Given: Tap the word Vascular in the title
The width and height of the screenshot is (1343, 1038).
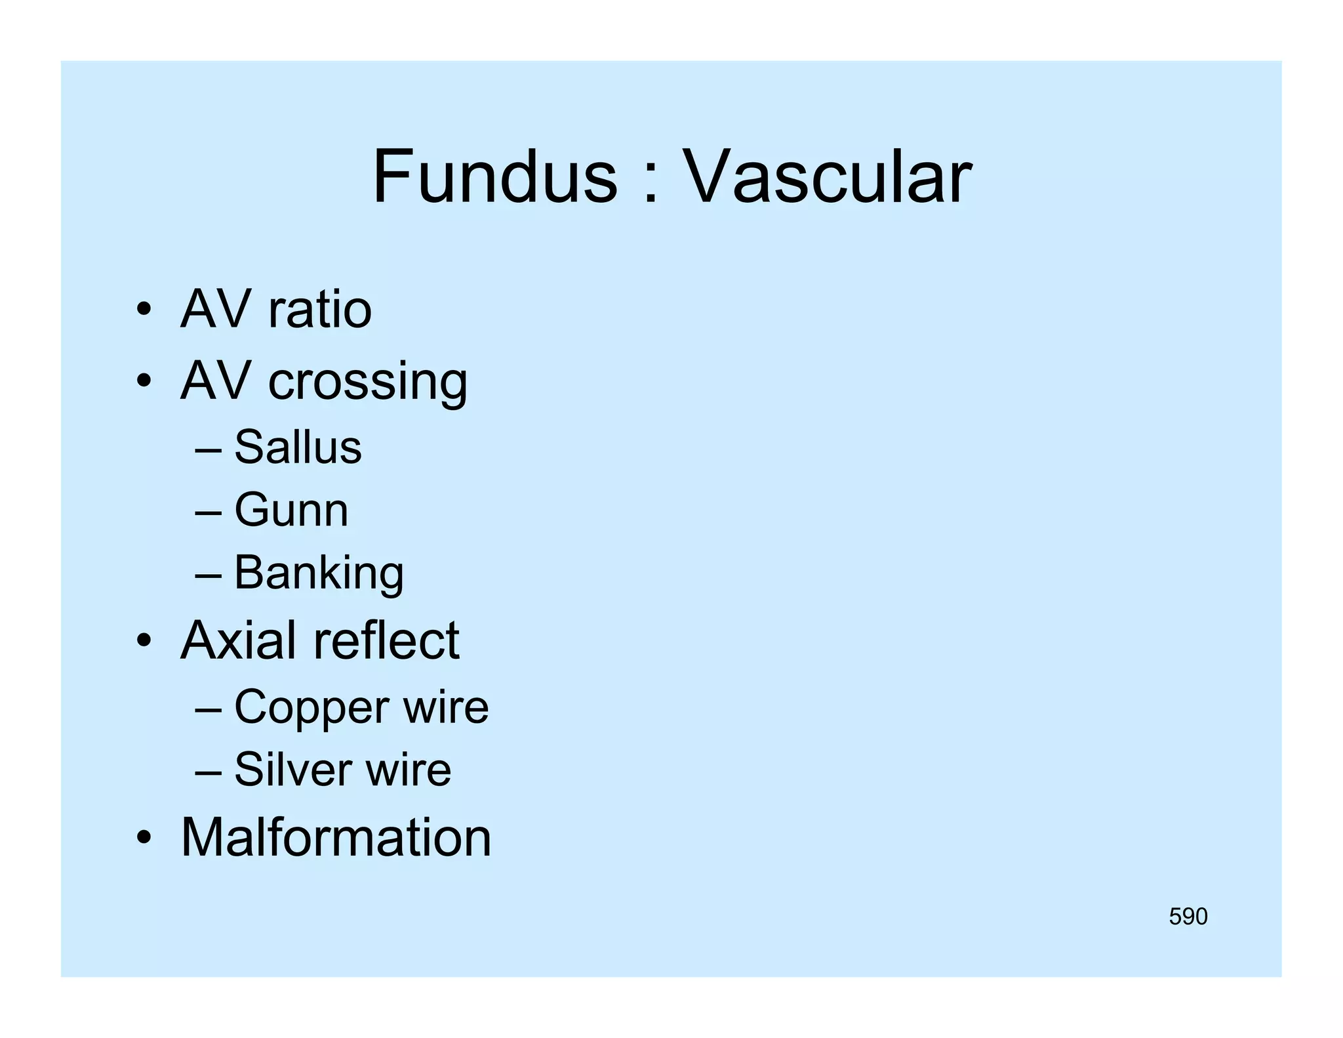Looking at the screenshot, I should pyautogui.click(x=827, y=176).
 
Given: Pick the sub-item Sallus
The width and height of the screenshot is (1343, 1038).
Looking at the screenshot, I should pyautogui.click(x=298, y=447).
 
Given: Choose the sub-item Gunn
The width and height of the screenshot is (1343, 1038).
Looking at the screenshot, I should pyautogui.click(x=291, y=510).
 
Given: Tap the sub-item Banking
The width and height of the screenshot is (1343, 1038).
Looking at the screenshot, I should pyautogui.click(x=319, y=573).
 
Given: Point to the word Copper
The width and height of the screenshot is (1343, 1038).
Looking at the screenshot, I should pyautogui.click(x=311, y=707).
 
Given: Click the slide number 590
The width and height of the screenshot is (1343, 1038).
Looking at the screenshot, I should pyautogui.click(x=1188, y=917).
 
